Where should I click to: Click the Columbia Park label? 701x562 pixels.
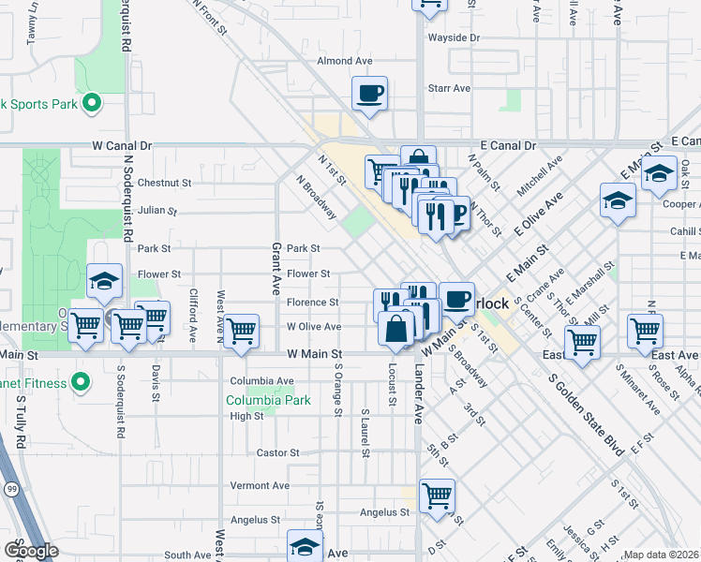click(x=268, y=400)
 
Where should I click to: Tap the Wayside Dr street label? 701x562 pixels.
click(x=454, y=37)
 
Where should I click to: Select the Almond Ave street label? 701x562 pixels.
click(x=345, y=61)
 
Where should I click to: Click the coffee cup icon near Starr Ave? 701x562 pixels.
click(x=369, y=94)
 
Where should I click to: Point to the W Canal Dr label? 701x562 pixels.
click(x=122, y=146)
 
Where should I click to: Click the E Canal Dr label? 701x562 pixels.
click(x=507, y=146)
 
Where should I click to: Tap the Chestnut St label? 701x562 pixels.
click(x=164, y=183)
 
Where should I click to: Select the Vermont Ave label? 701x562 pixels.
click(x=260, y=485)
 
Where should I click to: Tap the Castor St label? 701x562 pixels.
click(x=277, y=452)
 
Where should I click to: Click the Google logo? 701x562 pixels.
click(x=32, y=551)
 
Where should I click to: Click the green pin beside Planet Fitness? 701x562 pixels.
click(x=81, y=381)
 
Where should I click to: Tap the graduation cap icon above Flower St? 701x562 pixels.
click(x=104, y=280)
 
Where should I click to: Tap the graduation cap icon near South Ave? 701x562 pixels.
click(x=305, y=546)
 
